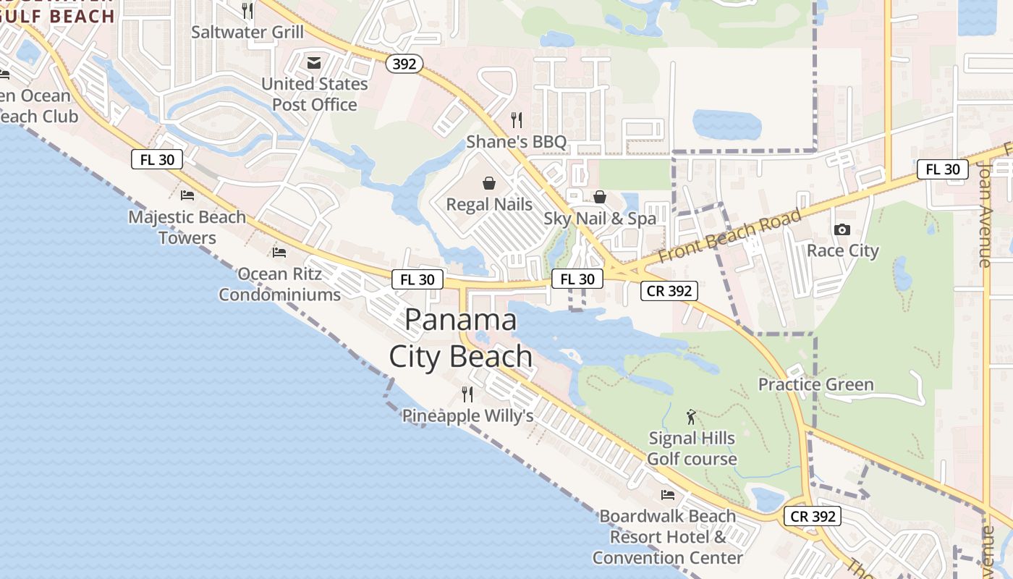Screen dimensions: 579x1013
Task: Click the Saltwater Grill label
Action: (x=247, y=33)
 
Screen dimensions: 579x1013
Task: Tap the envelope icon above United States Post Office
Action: (x=314, y=63)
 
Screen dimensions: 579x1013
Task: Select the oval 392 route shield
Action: (x=404, y=64)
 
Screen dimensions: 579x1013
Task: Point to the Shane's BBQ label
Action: (x=516, y=142)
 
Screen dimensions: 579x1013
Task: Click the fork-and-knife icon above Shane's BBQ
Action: (x=516, y=119)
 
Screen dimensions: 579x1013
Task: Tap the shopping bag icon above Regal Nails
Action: (x=489, y=182)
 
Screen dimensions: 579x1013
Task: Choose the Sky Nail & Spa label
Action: (x=600, y=219)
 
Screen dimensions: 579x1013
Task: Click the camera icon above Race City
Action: (x=842, y=230)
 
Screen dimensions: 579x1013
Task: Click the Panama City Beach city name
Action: (x=461, y=338)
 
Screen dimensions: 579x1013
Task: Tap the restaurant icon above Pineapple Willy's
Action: (x=467, y=394)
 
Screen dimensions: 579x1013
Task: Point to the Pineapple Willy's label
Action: (x=467, y=416)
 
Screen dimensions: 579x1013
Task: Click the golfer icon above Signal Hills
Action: (x=691, y=417)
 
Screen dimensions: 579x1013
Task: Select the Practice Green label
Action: (x=815, y=384)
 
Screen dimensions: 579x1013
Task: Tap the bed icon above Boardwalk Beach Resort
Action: (x=667, y=495)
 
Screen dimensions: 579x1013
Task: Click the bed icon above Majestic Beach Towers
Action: (x=187, y=195)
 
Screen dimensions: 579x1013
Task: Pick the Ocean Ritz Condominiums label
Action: (x=279, y=284)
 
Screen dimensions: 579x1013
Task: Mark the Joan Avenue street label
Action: (x=984, y=214)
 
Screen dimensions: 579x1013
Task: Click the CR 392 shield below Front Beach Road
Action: (x=669, y=291)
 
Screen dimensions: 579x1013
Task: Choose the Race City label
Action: (x=842, y=251)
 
